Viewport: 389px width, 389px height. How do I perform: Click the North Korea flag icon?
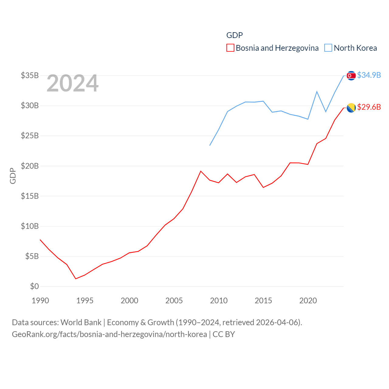click(351, 76)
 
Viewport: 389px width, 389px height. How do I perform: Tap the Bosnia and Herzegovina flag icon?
click(351, 108)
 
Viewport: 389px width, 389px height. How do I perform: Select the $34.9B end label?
click(369, 75)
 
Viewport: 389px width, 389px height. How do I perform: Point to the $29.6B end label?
click(369, 107)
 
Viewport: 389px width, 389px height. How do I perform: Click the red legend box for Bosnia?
click(230, 48)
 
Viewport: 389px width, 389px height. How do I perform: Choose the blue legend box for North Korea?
click(328, 48)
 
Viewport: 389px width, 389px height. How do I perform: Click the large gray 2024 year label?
click(72, 83)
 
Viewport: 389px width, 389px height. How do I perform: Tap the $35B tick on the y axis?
click(30, 75)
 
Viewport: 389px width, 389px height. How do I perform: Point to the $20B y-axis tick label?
click(30, 166)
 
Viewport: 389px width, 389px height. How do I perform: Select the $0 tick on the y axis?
click(34, 286)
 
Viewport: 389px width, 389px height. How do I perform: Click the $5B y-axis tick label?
click(32, 256)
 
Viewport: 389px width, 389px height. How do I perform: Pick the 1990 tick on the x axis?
click(40, 301)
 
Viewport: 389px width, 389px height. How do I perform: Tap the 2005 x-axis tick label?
click(174, 301)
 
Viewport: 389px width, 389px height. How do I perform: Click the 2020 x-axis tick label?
click(308, 301)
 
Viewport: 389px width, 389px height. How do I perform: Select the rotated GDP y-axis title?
click(13, 176)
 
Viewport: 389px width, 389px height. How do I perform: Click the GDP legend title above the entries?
click(235, 35)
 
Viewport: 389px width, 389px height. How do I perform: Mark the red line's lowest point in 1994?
click(76, 279)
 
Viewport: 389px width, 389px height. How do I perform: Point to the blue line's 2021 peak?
click(317, 91)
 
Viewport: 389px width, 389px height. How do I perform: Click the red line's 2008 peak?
click(201, 171)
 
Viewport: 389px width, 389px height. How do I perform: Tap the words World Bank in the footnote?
click(81, 322)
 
